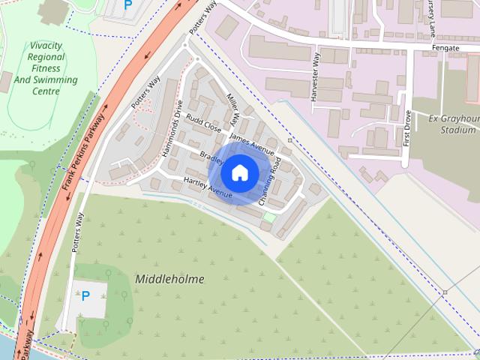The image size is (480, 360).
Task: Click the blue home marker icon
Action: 239,172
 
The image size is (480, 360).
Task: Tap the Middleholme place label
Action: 169,279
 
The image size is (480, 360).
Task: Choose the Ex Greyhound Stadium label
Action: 450,124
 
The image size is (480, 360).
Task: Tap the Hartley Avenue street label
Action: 208,188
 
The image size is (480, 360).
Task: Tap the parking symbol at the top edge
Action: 127,4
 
